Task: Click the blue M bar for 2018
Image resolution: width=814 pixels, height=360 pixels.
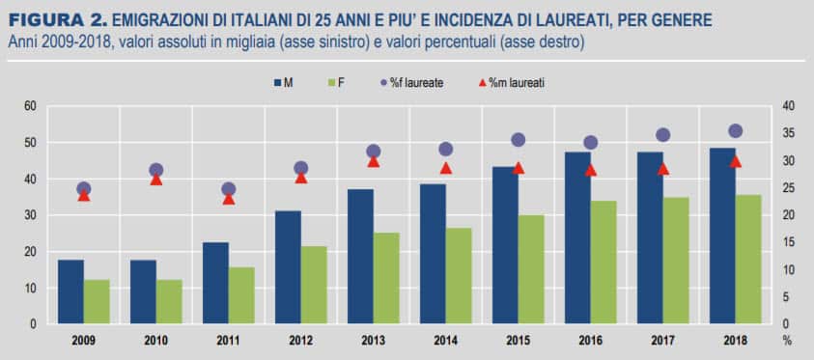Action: [721, 236]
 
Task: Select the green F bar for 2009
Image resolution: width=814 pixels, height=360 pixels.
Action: [96, 302]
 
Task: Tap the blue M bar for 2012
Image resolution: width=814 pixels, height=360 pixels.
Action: [288, 267]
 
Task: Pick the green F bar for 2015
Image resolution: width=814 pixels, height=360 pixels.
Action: [530, 269]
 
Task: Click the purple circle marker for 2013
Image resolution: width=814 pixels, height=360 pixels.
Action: [374, 152]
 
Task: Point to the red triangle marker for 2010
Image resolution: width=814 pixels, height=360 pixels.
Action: [156, 180]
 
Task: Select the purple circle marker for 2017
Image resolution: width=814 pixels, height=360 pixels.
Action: [662, 135]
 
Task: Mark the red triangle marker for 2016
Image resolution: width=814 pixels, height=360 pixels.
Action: [590, 170]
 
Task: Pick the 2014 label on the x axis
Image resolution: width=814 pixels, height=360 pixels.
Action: [445, 341]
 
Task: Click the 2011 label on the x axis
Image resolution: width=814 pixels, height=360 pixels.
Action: [228, 341]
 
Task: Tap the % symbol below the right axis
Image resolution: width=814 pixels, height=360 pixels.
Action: [786, 341]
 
